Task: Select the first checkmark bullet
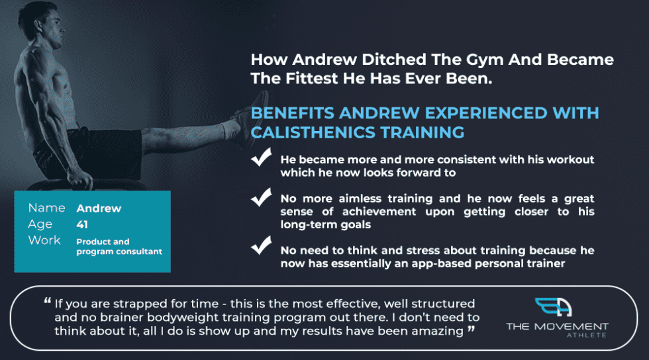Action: [262, 159]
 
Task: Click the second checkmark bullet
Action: [262, 197]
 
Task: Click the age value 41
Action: [82, 224]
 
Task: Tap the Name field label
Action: [46, 208]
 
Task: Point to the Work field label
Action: [44, 240]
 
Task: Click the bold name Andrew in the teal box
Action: [99, 208]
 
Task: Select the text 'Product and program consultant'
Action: [119, 246]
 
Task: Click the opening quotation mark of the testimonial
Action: [48, 302]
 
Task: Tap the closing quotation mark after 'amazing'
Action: [471, 329]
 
